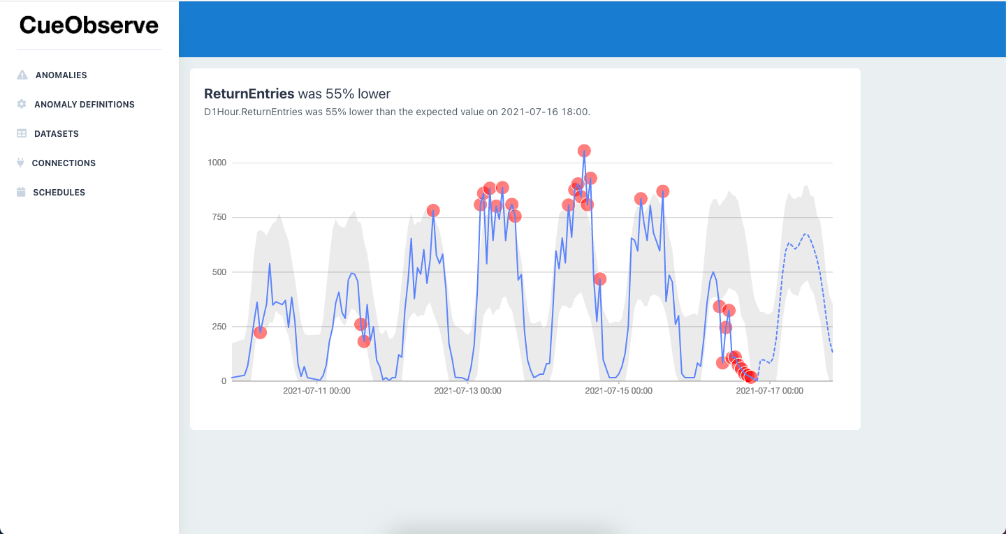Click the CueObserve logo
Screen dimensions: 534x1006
coord(89,25)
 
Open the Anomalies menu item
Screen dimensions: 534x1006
coord(61,75)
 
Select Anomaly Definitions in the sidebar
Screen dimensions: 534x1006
coord(84,104)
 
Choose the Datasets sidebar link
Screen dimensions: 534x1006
coord(56,133)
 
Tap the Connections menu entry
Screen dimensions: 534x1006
coord(64,163)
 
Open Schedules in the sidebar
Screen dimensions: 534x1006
coord(59,192)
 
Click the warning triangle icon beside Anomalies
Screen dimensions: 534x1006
coord(22,75)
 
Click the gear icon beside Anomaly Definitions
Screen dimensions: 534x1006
coord(21,104)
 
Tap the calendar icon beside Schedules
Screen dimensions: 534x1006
coord(21,192)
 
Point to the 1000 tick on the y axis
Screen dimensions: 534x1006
coord(217,163)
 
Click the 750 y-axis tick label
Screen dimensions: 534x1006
coord(219,217)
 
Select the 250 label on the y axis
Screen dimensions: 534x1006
coord(219,326)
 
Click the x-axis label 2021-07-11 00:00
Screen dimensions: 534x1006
coord(316,391)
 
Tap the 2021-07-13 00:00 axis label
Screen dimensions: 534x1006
coord(467,391)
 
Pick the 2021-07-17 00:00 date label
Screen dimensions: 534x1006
coord(769,391)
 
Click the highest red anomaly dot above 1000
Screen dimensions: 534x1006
coord(584,151)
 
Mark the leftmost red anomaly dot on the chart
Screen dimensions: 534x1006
coord(260,332)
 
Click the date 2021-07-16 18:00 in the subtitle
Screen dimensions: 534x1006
coord(545,112)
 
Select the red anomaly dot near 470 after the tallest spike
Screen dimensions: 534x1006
coord(599,279)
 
